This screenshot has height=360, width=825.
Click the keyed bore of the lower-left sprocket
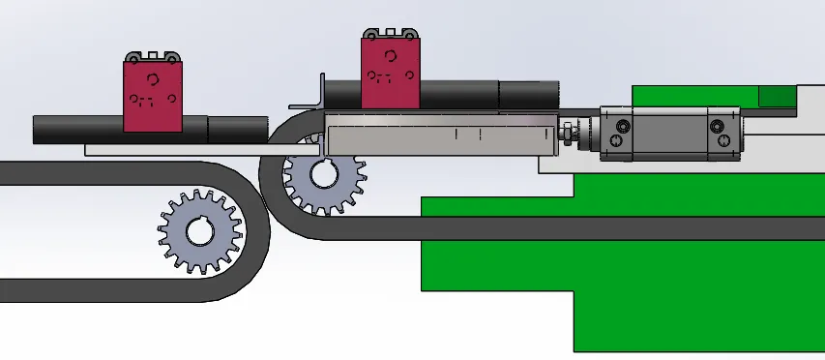coord(200,233)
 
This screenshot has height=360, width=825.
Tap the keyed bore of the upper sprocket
coord(322,178)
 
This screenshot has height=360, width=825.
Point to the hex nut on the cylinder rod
coord(568,133)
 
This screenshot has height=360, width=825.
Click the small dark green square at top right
coord(777,95)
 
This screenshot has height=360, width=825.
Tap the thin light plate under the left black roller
coord(193,149)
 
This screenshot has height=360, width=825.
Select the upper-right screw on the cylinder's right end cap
coord(717,126)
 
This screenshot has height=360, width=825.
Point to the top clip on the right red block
coord(392,34)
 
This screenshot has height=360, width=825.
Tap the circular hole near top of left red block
coord(153,79)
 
